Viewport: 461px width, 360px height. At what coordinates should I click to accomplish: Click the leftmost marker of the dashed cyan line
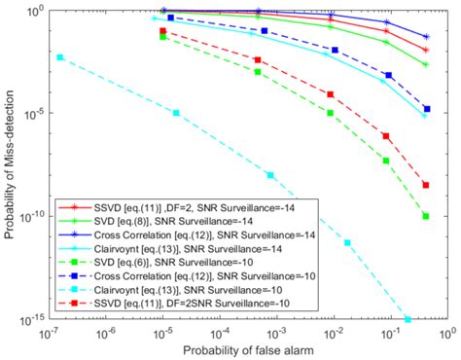click(x=60, y=57)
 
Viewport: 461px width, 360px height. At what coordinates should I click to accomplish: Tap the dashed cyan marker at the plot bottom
click(x=408, y=319)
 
